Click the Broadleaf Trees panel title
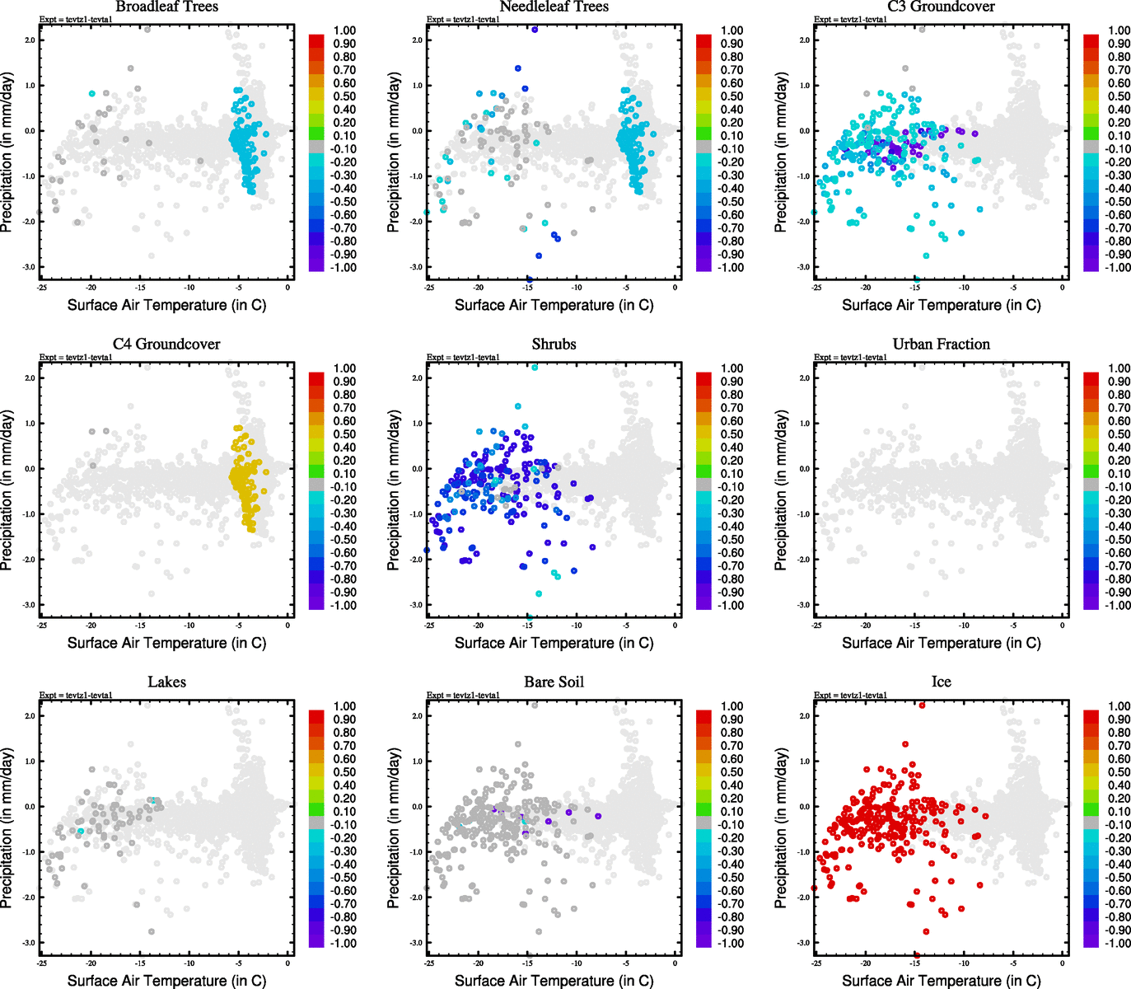pos(166,7)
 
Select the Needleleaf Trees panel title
pos(554,7)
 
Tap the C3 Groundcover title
pos(941,7)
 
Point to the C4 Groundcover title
pos(166,345)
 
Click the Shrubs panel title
pos(554,345)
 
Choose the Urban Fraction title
pos(941,345)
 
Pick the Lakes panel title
pos(166,682)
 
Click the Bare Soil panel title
pos(554,682)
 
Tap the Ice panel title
pos(941,682)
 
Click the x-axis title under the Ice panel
pos(941,981)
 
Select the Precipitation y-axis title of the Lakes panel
pos(7,828)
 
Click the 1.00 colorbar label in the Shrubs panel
pos(731,368)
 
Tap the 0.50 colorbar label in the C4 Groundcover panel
pos(344,434)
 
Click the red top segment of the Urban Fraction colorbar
pos(1091,378)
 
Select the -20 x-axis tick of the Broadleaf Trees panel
pos(91,288)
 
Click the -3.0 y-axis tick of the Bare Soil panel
pos(417,943)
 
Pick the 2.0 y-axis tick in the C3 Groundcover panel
pos(804,40)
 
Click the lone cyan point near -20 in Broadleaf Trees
pos(91,94)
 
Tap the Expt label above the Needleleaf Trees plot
pos(463,19)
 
